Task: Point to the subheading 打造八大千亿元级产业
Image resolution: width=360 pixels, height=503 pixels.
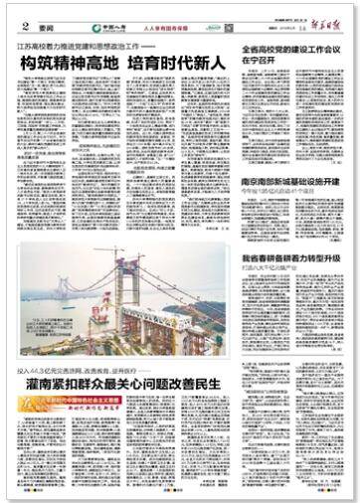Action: coord(269,267)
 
